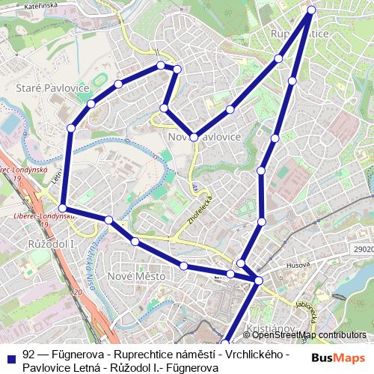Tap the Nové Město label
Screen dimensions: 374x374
point(136,276)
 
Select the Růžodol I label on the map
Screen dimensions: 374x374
point(49,244)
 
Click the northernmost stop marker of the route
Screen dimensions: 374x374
point(312,10)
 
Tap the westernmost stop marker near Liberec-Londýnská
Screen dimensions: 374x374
point(63,208)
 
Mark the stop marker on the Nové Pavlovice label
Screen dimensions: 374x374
point(194,138)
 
